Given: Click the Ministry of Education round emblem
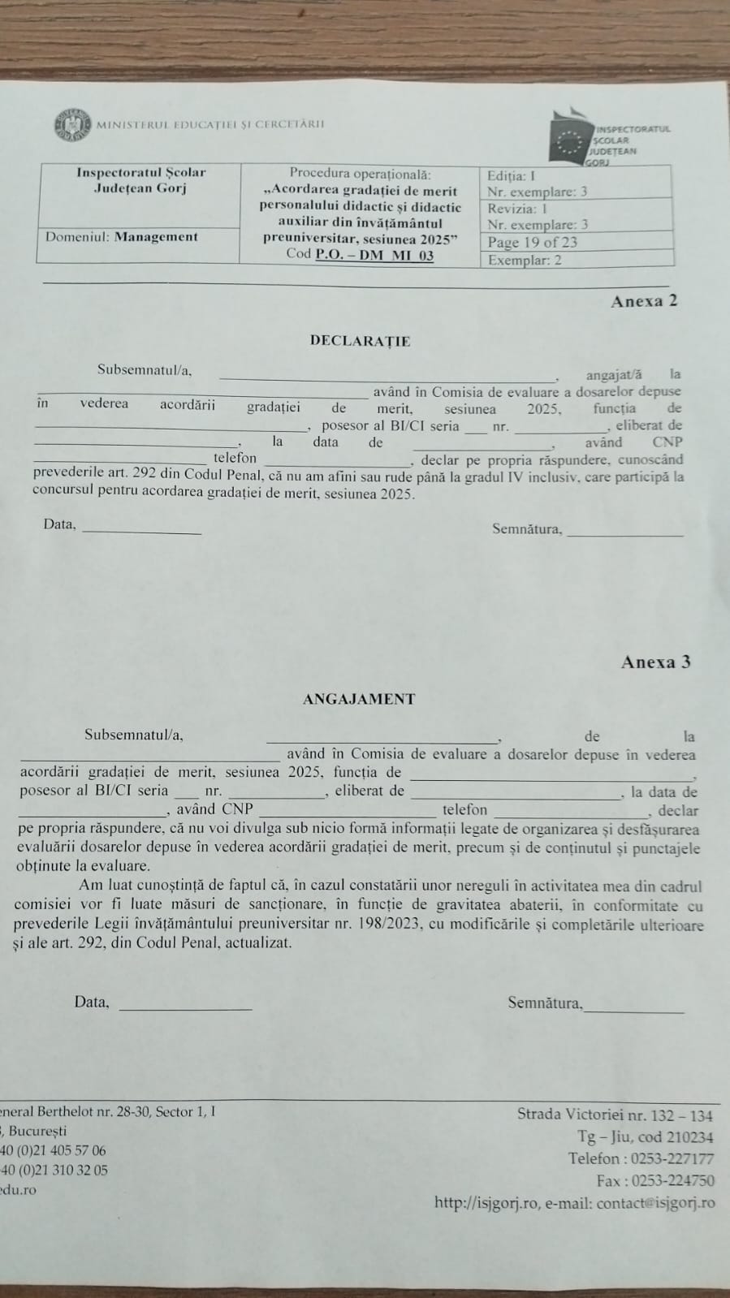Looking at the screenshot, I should (x=72, y=125).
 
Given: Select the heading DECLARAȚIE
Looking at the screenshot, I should (x=360, y=341).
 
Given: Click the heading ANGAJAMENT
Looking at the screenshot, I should (x=359, y=699).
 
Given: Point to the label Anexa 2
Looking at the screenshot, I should (x=644, y=301).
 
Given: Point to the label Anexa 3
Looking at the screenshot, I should (x=655, y=662).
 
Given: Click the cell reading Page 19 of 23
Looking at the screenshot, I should (x=533, y=242).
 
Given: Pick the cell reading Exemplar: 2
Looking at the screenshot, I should (x=525, y=261).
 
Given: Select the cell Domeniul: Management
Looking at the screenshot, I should (x=122, y=237).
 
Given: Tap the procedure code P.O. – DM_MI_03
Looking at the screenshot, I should (x=374, y=255).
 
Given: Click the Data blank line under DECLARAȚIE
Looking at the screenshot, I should (x=142, y=532).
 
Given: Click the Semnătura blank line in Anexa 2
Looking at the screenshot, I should (x=624, y=535).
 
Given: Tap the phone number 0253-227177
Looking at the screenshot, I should (x=671, y=1159).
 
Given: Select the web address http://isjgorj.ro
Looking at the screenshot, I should (x=486, y=1203).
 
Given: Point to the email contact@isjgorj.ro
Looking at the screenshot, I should (x=655, y=1203).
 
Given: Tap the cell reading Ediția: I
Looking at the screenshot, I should (x=512, y=175).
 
